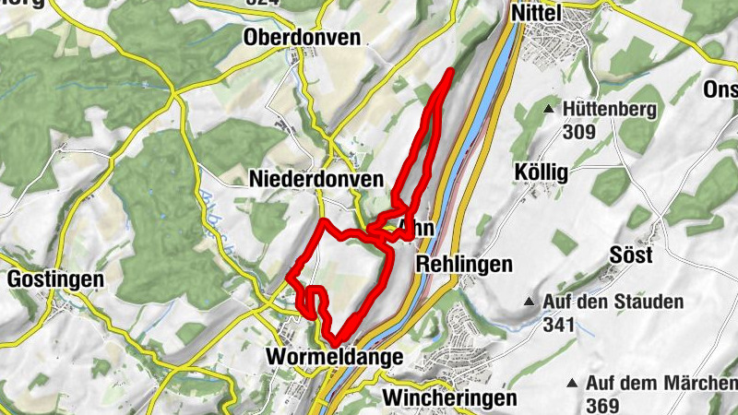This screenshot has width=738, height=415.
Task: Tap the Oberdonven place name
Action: point(304,38)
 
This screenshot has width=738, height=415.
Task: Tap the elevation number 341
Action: point(559,325)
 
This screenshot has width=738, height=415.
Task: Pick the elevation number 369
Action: point(601,405)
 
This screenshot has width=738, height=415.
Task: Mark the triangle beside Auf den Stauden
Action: point(530,302)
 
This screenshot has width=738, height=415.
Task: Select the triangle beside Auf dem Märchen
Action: point(573,383)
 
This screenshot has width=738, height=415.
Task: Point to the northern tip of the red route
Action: point(451,70)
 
